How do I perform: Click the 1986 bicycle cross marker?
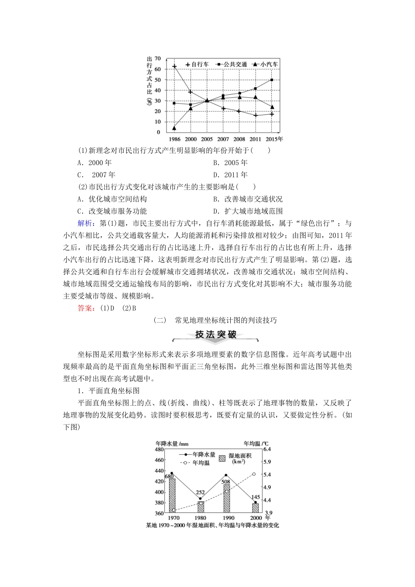[174, 66]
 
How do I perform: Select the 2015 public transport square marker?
[272, 80]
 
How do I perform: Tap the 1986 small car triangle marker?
[174, 128]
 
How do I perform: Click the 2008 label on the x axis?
[239, 139]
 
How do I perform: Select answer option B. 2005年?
[230, 163]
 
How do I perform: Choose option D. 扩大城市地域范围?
[248, 211]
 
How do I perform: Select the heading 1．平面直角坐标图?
[108, 391]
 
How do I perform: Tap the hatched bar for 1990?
[226, 498]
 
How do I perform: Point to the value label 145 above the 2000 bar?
[255, 497]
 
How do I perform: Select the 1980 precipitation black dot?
[201, 499]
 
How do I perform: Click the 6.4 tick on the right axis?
[267, 449]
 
